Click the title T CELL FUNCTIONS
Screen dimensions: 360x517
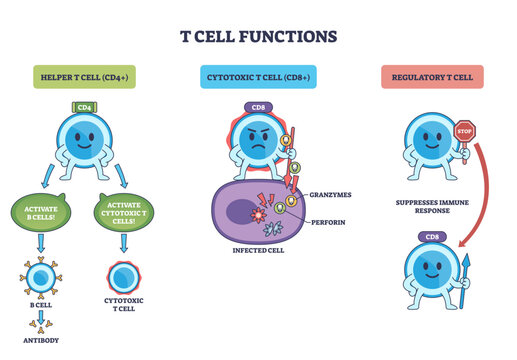tap(258, 36)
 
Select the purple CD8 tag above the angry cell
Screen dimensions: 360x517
tap(258, 107)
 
